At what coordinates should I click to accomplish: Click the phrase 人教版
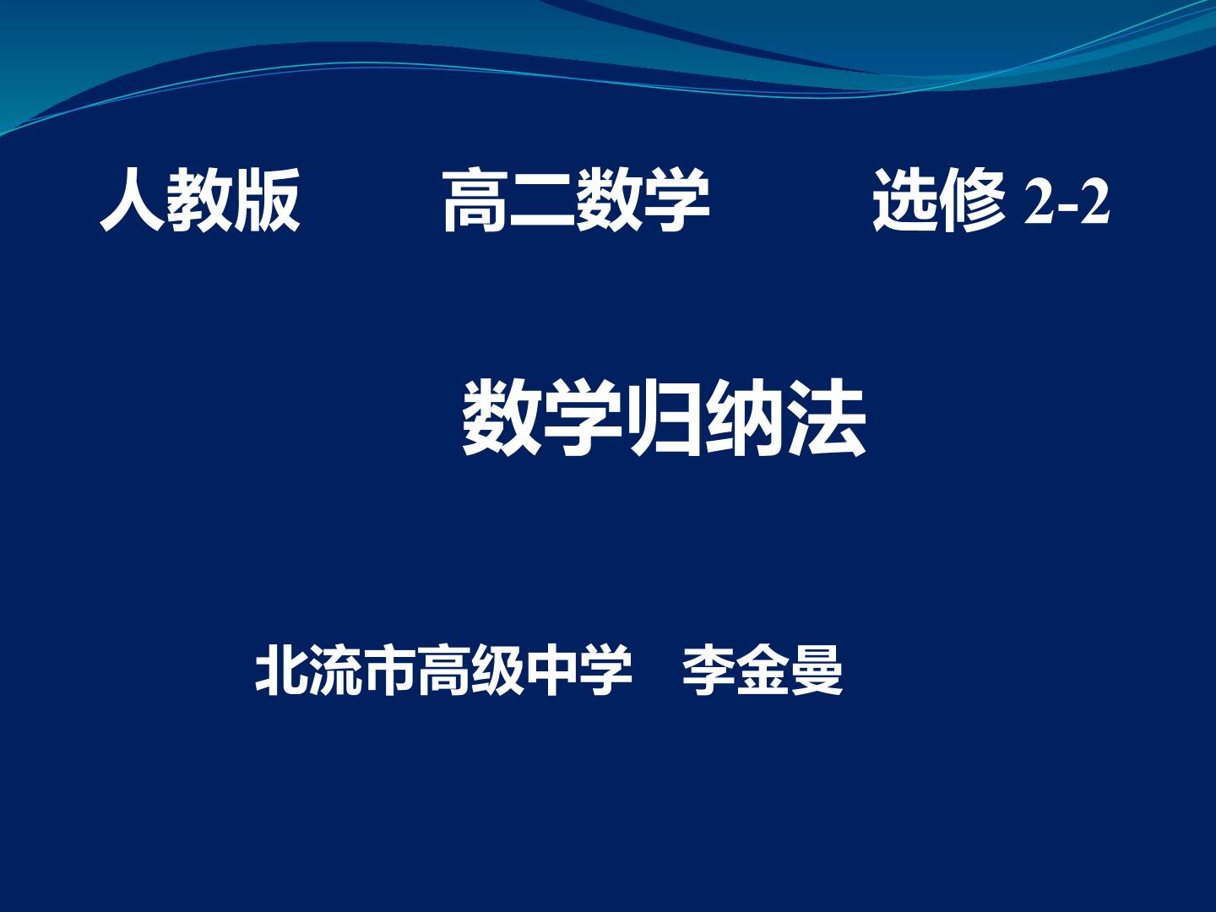[x=200, y=199]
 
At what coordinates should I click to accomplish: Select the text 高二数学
[x=576, y=199]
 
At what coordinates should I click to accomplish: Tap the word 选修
[x=938, y=199]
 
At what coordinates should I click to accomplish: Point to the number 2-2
[x=1067, y=203]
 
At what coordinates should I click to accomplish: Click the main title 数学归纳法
[x=664, y=417]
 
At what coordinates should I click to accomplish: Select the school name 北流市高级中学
[x=443, y=670]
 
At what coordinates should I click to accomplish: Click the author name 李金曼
[x=763, y=670]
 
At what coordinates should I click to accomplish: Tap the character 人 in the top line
[x=132, y=199]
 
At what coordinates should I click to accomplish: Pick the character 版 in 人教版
[x=268, y=199]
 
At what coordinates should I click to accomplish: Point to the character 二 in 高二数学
[x=542, y=200]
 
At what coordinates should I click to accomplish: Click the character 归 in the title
[x=663, y=417]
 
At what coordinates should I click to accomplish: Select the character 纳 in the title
[x=744, y=417]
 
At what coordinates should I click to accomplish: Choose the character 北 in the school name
[x=281, y=670]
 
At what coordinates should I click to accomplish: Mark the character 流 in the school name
[x=334, y=670]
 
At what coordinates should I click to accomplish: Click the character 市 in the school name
[x=389, y=670]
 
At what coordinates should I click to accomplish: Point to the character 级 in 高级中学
[x=497, y=670]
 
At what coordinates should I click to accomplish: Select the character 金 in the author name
[x=763, y=670]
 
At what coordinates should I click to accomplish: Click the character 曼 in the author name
[x=817, y=670]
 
